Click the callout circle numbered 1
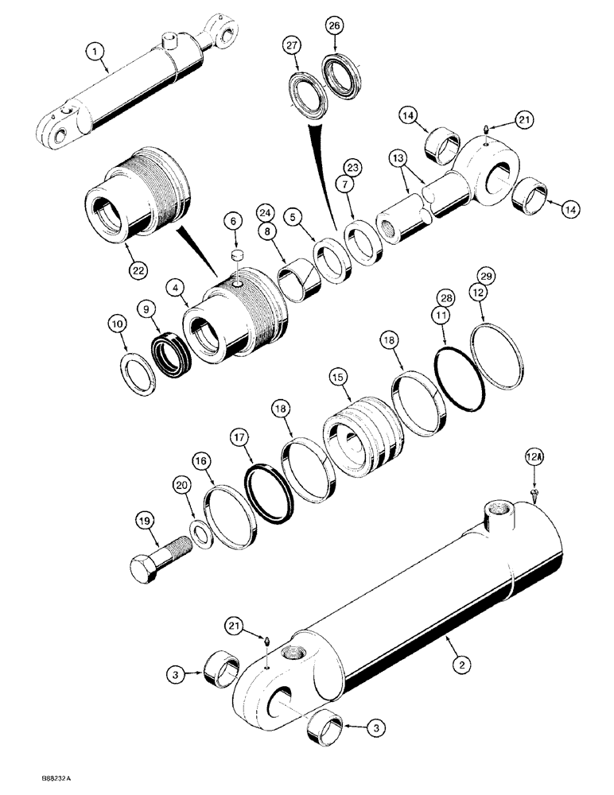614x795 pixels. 95,53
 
